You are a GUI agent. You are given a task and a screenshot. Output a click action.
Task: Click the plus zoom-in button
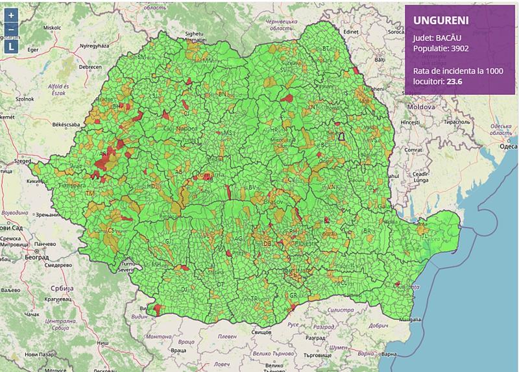[12, 15]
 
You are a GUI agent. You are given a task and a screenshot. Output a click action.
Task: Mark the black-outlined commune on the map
[340, 136]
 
